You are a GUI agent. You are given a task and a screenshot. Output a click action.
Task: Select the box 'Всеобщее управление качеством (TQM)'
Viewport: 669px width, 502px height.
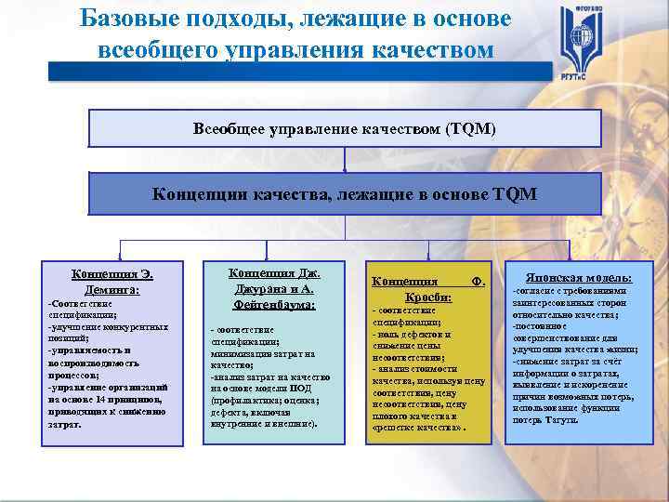click(x=345, y=128)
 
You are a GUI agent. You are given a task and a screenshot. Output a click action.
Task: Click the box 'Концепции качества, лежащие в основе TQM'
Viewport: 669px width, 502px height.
click(x=345, y=193)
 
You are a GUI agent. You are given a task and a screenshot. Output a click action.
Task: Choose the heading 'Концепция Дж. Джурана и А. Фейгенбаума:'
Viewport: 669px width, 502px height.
click(x=273, y=288)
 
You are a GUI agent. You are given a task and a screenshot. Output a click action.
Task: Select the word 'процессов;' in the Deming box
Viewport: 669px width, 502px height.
click(x=74, y=374)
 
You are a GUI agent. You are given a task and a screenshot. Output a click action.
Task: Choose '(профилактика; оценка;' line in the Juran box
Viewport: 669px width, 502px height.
click(x=266, y=400)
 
